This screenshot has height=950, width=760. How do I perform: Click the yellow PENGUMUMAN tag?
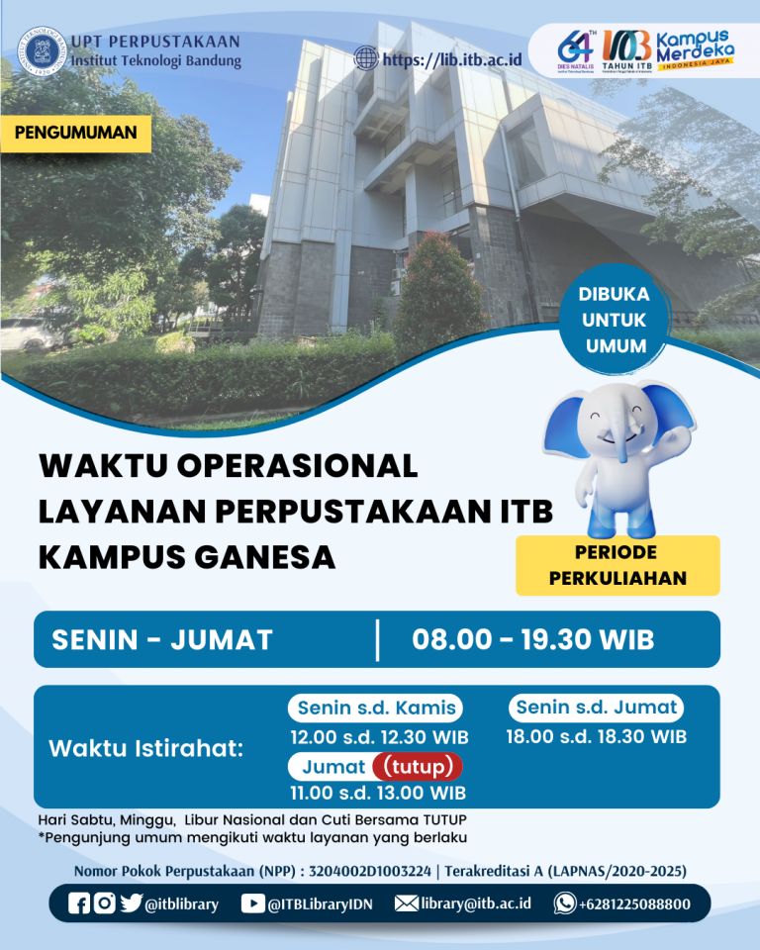(76, 133)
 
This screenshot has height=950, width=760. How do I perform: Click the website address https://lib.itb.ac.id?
(452, 59)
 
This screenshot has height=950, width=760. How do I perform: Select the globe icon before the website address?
(366, 59)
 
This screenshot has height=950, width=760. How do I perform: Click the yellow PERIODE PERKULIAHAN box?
(617, 565)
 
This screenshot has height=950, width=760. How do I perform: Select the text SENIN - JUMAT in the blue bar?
(161, 639)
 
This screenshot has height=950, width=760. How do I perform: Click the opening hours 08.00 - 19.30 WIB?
(532, 639)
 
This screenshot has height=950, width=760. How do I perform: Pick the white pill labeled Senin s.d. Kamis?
(377, 708)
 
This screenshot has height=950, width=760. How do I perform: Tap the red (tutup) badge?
(417, 766)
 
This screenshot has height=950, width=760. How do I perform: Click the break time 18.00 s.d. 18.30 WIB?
(596, 736)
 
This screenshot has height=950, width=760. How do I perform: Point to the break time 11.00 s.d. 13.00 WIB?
(378, 793)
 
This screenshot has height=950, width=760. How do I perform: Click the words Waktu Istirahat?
(145, 749)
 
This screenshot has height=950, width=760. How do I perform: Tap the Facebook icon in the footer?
(79, 902)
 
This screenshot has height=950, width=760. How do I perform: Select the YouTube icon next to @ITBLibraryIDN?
(252, 902)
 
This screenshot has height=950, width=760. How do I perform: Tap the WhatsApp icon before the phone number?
(564, 902)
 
